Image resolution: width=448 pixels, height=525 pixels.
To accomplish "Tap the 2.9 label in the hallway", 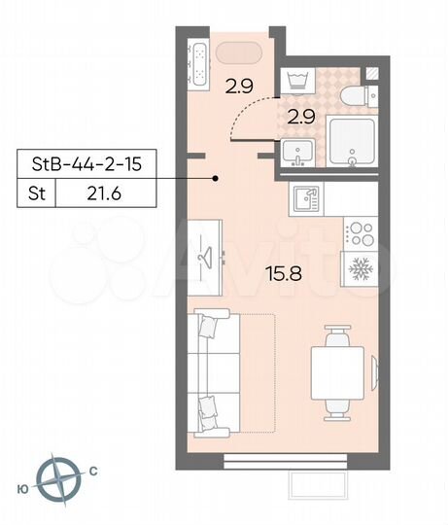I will (x=239, y=87).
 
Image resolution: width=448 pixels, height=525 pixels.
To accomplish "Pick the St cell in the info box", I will (x=34, y=194).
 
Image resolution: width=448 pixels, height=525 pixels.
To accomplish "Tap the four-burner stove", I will (x=360, y=233).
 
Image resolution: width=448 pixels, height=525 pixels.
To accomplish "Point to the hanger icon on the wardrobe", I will (x=207, y=257).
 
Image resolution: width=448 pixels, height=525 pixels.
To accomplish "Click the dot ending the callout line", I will (x=217, y=179).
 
